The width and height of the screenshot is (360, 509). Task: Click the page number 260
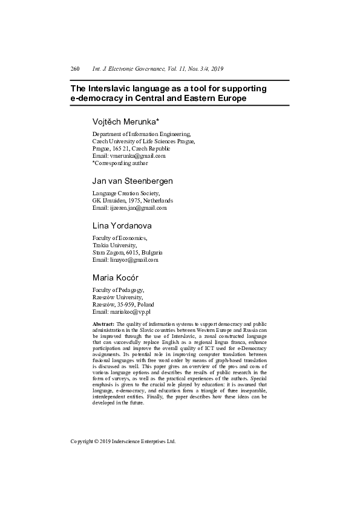(75, 69)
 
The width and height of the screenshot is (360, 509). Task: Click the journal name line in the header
(158, 69)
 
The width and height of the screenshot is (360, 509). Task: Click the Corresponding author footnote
(120, 163)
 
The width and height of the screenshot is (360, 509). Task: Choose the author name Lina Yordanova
(122, 225)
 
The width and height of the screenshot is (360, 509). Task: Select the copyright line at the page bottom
(123, 441)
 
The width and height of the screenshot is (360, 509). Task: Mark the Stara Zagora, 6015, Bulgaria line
(127, 253)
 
